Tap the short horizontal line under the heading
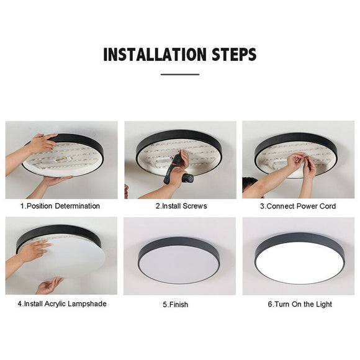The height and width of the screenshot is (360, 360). click(180, 74)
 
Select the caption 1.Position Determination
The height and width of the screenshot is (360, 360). click(60, 205)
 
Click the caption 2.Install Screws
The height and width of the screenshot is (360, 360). click(180, 205)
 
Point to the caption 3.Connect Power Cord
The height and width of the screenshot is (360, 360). click(298, 205)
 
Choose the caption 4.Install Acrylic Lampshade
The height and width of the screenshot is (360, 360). click(62, 304)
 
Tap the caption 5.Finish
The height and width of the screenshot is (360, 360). click(176, 305)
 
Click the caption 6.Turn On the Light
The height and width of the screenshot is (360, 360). click(300, 304)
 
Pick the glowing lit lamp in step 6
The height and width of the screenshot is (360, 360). click(299, 258)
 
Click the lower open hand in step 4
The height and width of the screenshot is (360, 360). click(50, 285)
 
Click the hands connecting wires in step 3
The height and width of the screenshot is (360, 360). click(302, 164)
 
